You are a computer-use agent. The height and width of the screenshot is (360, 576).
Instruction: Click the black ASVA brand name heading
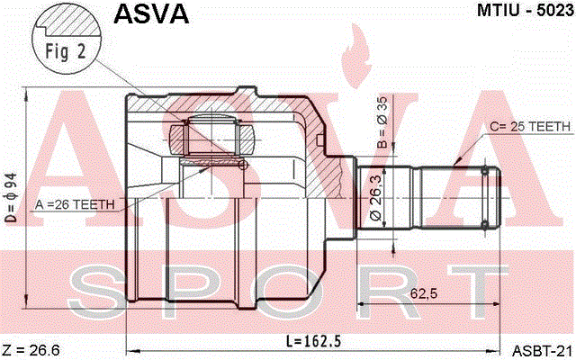[x=151, y=14]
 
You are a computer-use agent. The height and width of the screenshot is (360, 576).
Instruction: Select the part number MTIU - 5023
[x=526, y=11]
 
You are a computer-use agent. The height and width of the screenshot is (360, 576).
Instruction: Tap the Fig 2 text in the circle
[x=66, y=51]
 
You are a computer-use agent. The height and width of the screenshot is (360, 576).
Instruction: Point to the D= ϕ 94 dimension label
[x=11, y=198]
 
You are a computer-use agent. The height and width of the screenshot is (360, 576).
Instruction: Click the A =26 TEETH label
[x=75, y=204]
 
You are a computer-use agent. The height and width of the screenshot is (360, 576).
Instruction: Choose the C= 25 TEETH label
[x=530, y=127]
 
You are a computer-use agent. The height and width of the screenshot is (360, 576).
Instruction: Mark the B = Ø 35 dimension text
[x=382, y=122]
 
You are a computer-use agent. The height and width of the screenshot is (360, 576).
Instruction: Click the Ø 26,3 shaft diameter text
[x=376, y=198]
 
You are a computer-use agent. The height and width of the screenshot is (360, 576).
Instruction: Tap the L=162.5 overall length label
[x=313, y=341]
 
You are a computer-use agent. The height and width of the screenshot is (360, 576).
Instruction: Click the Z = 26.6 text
[x=31, y=350]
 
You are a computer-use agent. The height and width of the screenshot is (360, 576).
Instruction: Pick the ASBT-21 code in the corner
[x=543, y=351]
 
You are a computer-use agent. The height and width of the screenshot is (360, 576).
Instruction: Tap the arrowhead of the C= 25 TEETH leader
[x=458, y=160]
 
